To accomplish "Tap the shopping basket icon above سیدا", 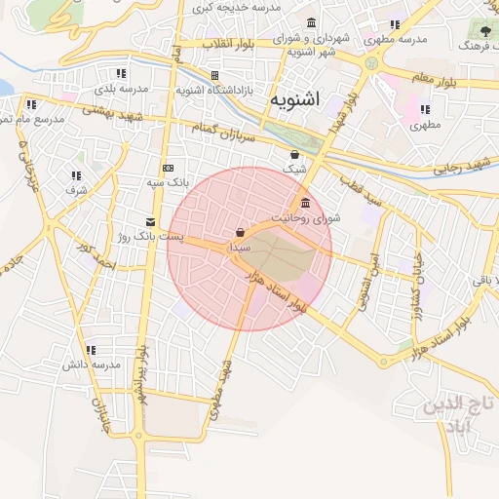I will point(240,233).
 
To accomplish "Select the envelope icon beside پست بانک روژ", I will point(150,222).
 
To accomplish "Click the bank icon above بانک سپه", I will point(168,167).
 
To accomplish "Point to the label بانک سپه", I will point(168,181).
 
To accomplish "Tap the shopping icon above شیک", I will point(294,154).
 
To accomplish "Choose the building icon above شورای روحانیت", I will point(306,203).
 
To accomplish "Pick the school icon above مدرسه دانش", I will point(91,350).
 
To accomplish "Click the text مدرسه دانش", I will point(91,365).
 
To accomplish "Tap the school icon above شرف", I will point(76,175).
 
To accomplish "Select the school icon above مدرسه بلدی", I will point(121,73).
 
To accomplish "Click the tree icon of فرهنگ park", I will point(484,31).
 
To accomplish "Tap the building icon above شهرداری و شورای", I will point(311,22).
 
